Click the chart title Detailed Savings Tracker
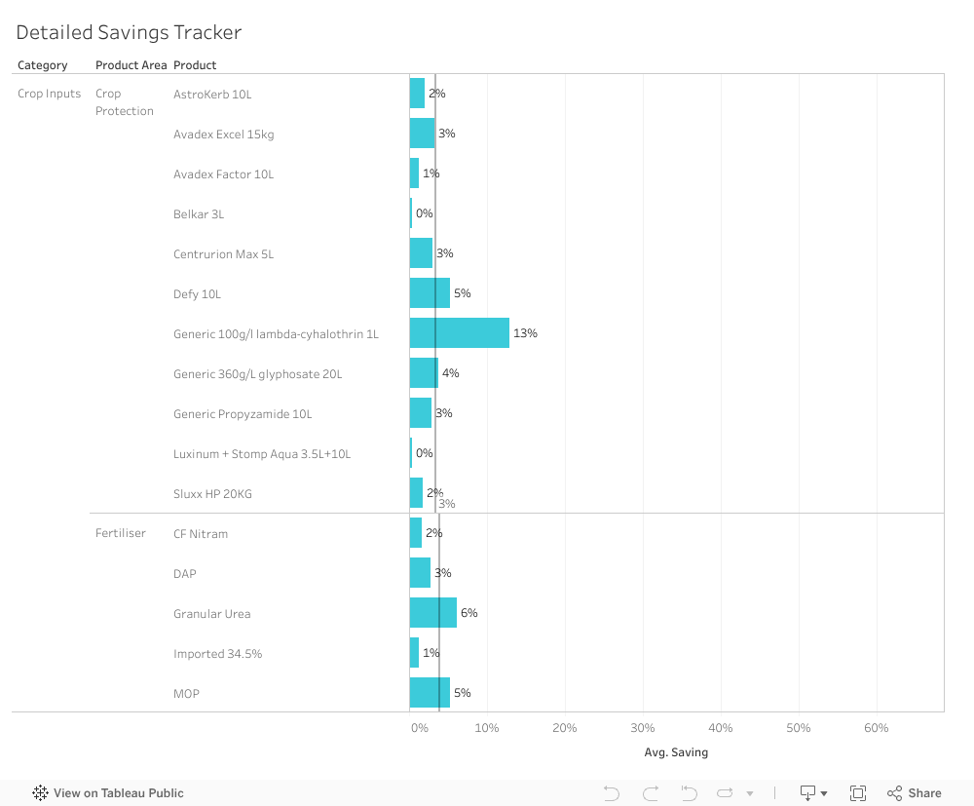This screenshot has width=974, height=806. click(x=129, y=32)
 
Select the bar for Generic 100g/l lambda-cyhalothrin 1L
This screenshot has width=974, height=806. click(x=459, y=333)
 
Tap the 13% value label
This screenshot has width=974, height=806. click(x=525, y=333)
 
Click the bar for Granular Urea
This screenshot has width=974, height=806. click(x=432, y=613)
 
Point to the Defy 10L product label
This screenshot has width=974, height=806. click(x=198, y=294)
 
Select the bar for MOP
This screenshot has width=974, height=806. click(x=430, y=693)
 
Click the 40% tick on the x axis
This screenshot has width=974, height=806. click(x=720, y=728)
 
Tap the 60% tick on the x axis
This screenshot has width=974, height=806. click(x=876, y=728)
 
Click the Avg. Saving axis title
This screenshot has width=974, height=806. click(x=676, y=752)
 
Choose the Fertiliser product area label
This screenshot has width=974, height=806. click(x=121, y=533)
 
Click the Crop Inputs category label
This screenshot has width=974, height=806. click(x=50, y=94)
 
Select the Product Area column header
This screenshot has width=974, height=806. click(x=131, y=65)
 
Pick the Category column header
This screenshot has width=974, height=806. click(x=43, y=65)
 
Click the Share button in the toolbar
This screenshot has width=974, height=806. click(x=914, y=793)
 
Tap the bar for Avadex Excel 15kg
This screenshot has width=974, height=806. click(x=422, y=134)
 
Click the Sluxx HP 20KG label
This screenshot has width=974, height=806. click(x=212, y=494)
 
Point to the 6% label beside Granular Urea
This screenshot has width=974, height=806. click(x=468, y=613)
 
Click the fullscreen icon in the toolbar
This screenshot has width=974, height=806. click(x=858, y=793)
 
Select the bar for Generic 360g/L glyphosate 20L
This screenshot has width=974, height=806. click(x=424, y=373)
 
